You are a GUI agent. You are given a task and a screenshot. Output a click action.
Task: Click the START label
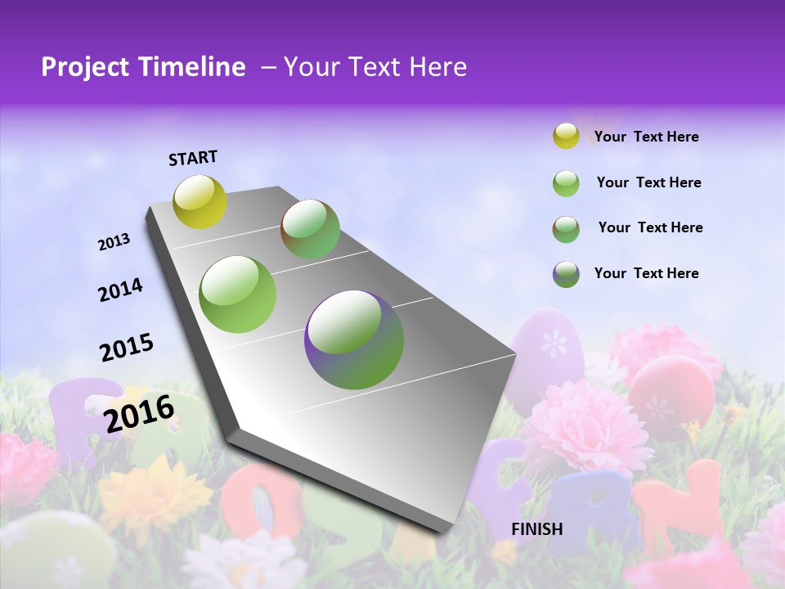(193, 158)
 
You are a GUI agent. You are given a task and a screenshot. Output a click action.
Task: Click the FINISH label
(537, 529)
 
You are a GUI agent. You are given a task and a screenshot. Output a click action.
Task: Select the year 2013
(114, 242)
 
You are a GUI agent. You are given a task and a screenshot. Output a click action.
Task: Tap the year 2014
(121, 290)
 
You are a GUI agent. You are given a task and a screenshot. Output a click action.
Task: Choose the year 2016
(139, 413)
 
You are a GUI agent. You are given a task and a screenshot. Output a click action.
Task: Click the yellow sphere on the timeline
(200, 201)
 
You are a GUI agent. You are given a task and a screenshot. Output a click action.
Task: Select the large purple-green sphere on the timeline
(354, 339)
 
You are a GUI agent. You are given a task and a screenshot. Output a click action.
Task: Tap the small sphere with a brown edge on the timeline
(311, 229)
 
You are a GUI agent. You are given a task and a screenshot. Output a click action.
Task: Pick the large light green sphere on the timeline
(238, 294)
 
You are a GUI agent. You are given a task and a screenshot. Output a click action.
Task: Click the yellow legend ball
(566, 137)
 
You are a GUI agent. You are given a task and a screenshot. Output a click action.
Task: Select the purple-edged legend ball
(566, 274)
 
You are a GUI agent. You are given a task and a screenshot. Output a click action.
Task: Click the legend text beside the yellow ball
(646, 137)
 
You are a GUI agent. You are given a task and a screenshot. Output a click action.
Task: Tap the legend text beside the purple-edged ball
(646, 273)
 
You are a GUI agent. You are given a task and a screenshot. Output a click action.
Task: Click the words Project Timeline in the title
(143, 67)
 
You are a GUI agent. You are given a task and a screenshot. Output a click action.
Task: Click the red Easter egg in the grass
(671, 393)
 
